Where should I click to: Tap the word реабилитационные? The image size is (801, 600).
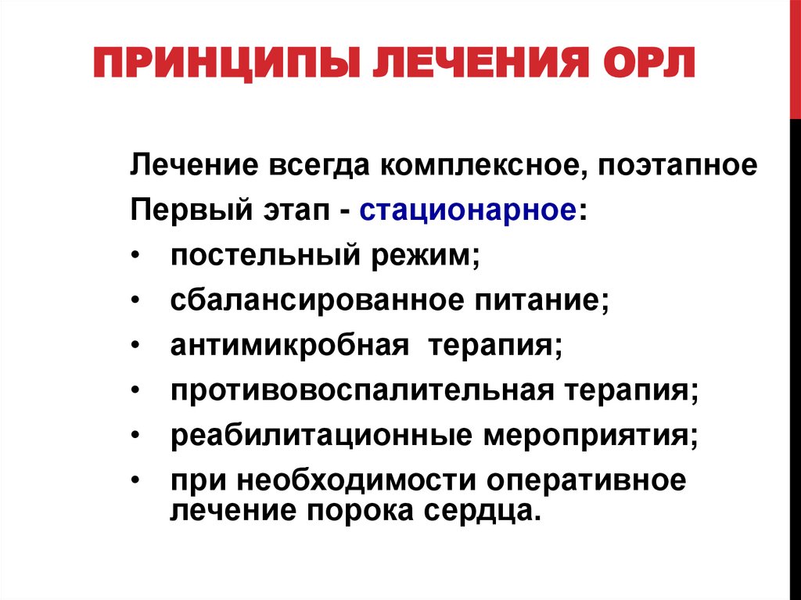tap(312, 433)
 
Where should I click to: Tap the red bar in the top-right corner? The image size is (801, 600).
tap(796, 55)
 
